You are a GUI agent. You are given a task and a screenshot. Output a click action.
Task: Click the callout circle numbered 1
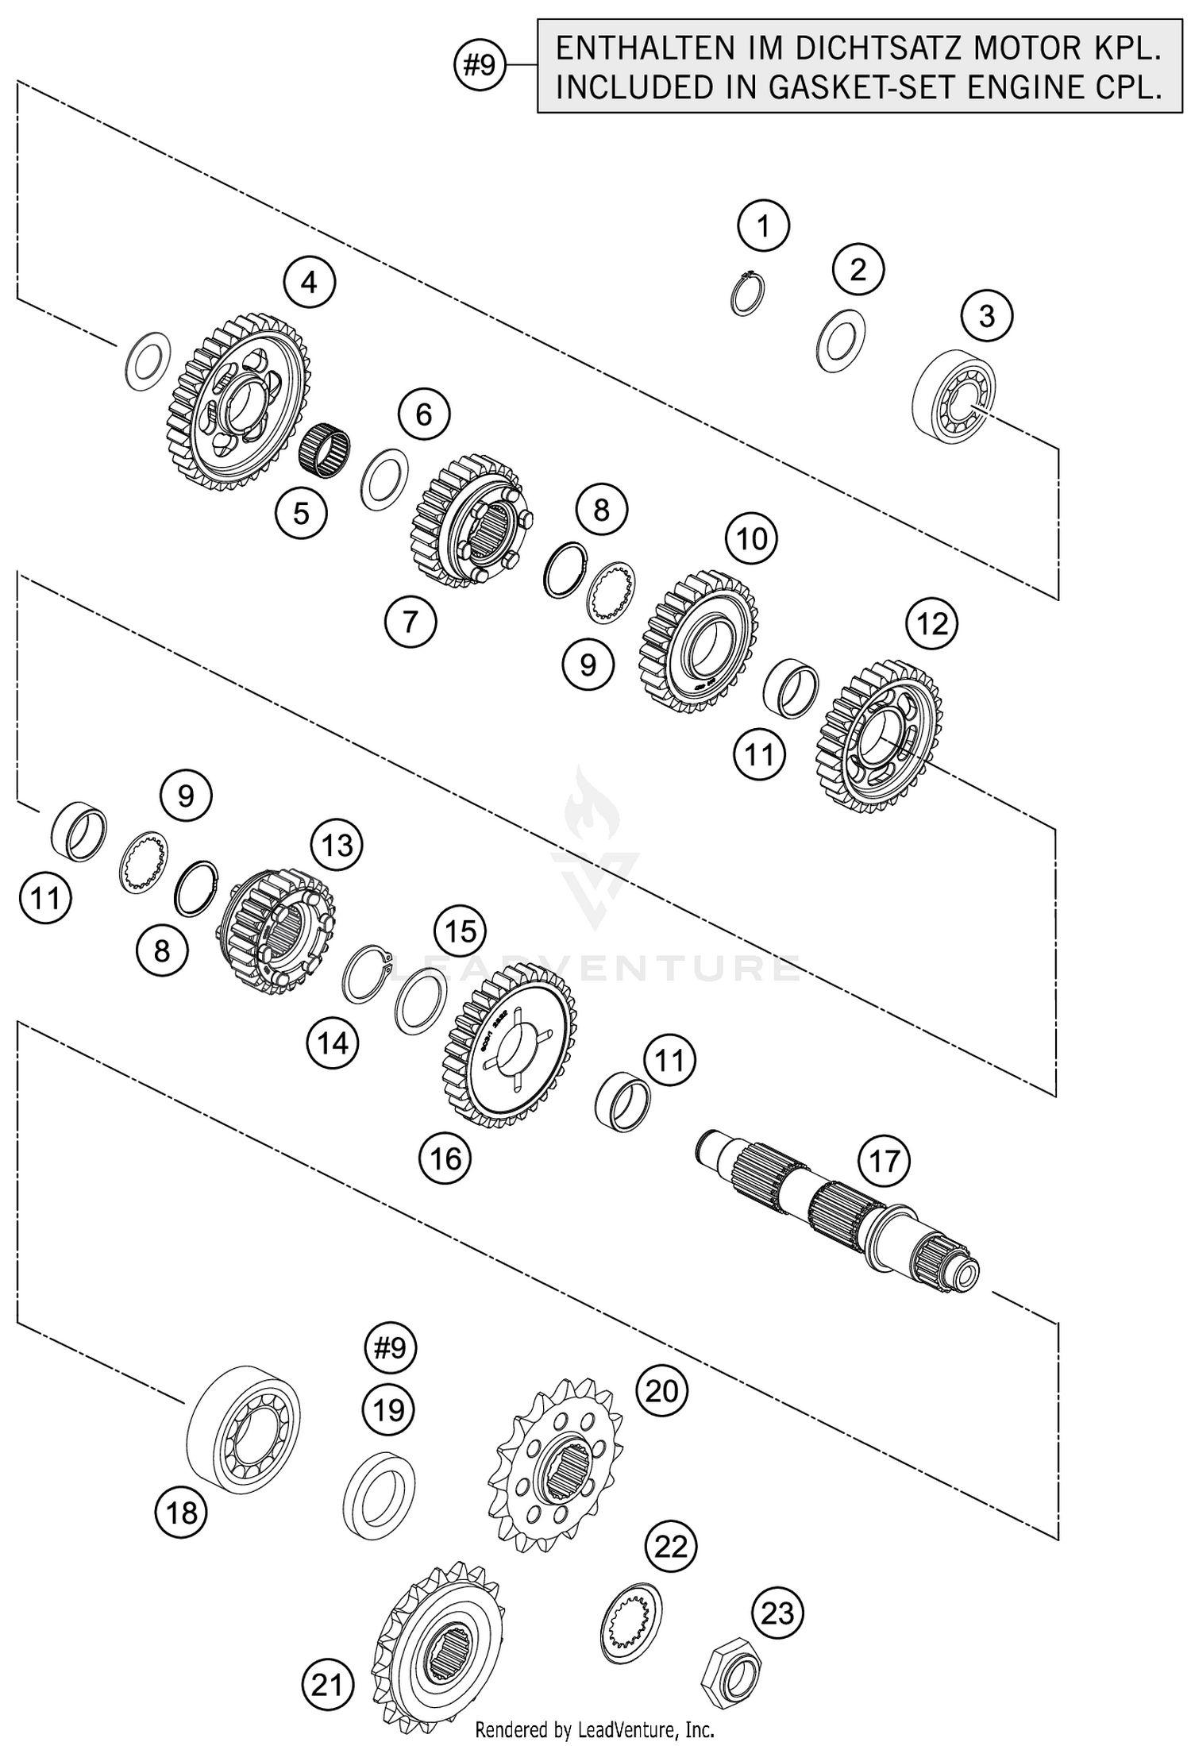click(763, 226)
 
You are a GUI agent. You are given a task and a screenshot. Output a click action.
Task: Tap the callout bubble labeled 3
click(986, 316)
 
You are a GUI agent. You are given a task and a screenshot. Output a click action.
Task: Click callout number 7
click(410, 621)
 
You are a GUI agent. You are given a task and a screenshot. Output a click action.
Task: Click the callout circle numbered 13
click(337, 845)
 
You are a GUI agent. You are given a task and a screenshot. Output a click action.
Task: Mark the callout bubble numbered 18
click(181, 1513)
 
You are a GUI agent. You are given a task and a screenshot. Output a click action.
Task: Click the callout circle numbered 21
click(327, 1686)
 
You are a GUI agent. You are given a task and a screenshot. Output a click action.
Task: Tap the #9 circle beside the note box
click(480, 66)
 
